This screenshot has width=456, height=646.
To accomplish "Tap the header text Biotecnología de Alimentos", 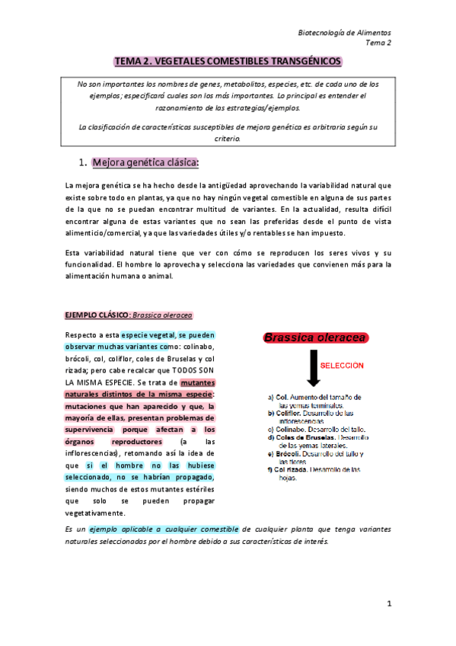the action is [344, 33].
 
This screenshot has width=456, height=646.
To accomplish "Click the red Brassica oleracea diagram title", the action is [315, 337].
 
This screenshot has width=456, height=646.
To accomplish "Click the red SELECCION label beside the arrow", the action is [342, 365].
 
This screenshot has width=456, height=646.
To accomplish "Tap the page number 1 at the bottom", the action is [388, 604].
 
